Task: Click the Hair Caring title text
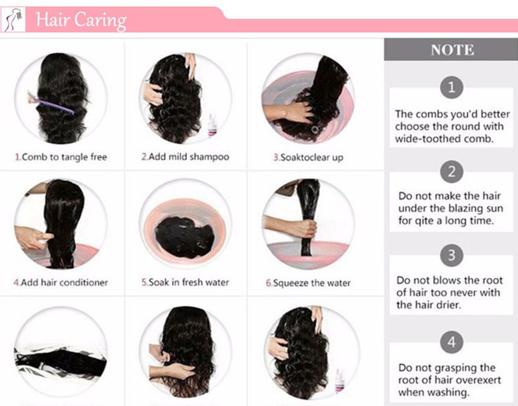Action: tap(82, 21)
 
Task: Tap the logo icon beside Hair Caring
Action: tap(13, 20)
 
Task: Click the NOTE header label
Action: tap(452, 50)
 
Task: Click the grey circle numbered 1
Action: tap(451, 87)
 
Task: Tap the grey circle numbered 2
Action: tap(451, 172)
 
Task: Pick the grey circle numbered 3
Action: tap(451, 255)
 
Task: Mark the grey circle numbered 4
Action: tap(451, 342)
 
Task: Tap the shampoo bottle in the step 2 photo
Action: tap(212, 126)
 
